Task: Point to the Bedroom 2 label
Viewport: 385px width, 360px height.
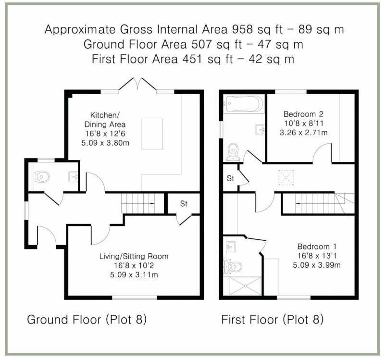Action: tap(303, 114)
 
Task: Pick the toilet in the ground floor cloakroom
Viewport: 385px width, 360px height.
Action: tap(42, 177)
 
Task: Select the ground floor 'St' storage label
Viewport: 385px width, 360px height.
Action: tap(184, 204)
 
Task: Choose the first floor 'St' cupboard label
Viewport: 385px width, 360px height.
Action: tap(231, 179)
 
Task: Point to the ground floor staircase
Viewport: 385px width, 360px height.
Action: tap(139, 203)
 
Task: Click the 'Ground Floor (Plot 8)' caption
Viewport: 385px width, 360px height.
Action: tap(87, 319)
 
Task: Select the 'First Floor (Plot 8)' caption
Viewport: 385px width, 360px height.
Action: tap(272, 319)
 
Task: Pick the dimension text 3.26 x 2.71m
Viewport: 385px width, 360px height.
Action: tap(303, 132)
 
